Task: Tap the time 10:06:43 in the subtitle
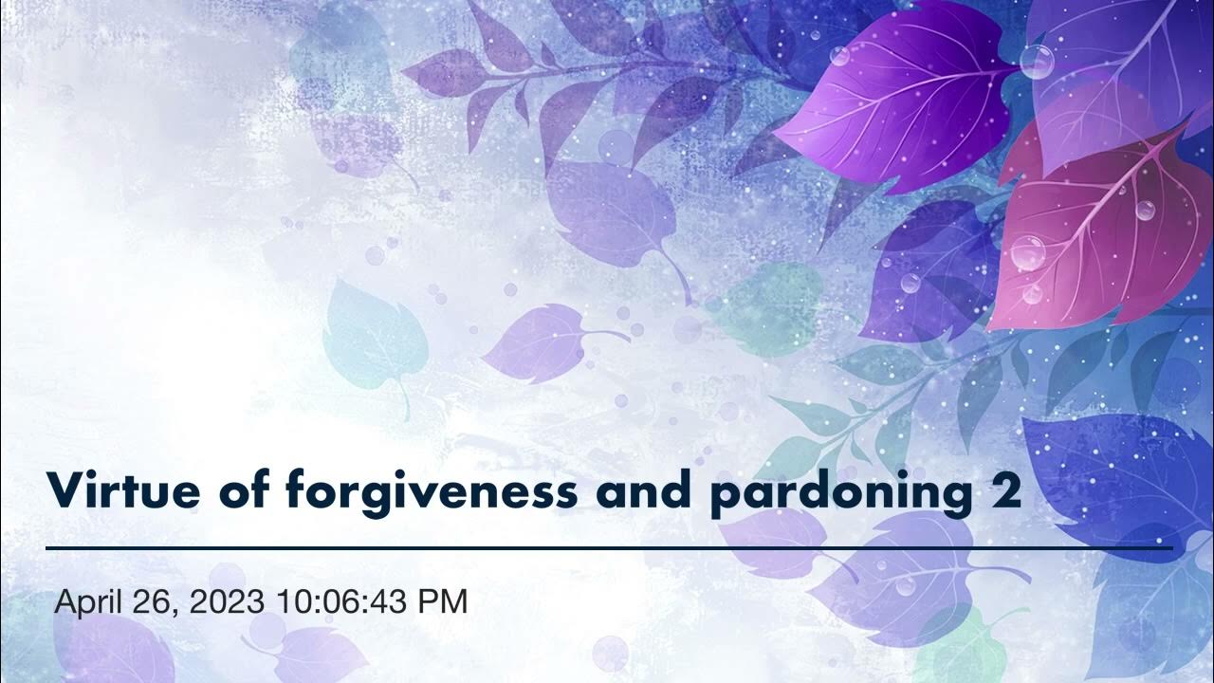click(x=346, y=601)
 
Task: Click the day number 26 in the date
click(x=157, y=601)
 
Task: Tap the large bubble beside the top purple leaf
click(x=1037, y=62)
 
